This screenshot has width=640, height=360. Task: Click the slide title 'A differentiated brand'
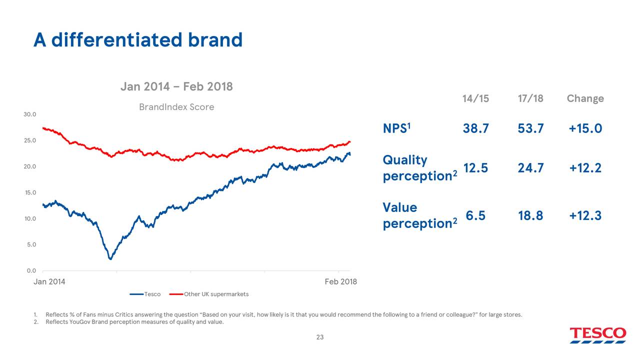(x=137, y=40)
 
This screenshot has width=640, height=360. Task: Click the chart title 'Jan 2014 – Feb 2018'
(x=176, y=86)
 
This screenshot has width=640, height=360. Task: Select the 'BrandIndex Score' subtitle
(x=176, y=107)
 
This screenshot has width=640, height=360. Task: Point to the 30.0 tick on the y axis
(x=29, y=114)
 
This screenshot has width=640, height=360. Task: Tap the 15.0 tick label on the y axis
(x=29, y=192)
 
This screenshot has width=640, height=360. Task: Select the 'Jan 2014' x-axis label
(x=49, y=281)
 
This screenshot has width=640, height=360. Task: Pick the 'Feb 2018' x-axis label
(x=340, y=281)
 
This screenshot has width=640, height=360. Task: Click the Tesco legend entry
(x=145, y=294)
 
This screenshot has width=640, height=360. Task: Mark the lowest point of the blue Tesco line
(x=110, y=258)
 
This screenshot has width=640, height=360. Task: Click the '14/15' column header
(x=475, y=98)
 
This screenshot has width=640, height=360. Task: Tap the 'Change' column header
(x=585, y=98)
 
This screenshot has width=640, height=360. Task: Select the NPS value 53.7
(x=530, y=129)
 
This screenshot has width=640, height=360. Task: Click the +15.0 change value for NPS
(x=585, y=129)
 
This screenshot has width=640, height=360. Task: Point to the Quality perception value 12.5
(x=475, y=168)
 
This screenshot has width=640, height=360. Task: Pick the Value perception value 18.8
(x=530, y=215)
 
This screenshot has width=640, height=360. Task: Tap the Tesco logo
(x=597, y=334)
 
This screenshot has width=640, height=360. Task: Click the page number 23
(x=320, y=337)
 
